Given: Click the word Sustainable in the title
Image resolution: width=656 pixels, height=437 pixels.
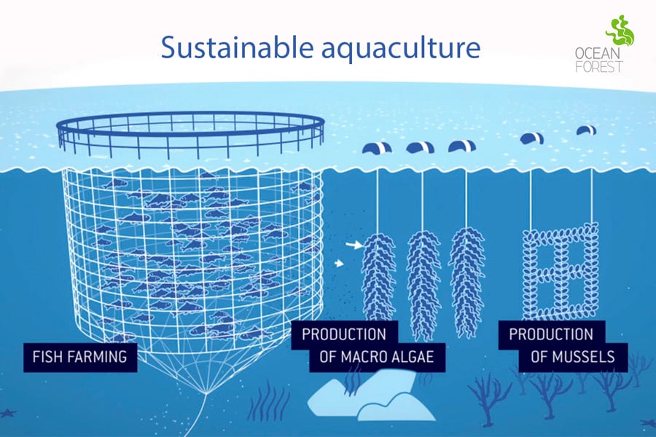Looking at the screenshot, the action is [237, 47].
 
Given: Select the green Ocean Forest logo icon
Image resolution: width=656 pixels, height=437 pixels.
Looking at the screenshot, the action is [620, 31].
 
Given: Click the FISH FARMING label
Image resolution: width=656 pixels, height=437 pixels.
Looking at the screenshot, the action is [80, 357].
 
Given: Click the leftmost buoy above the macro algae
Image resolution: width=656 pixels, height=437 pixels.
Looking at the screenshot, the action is [377, 148].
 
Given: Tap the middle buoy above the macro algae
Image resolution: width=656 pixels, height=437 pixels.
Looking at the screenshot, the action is [420, 148].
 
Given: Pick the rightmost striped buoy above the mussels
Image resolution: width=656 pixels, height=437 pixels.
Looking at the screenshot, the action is [587, 130].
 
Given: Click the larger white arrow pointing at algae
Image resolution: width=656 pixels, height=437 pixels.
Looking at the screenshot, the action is [354, 245].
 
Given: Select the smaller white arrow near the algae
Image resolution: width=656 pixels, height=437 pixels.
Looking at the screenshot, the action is [340, 264].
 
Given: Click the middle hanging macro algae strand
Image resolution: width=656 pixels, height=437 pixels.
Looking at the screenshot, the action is [423, 284].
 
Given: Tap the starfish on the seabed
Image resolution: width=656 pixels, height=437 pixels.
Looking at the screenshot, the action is [8, 413].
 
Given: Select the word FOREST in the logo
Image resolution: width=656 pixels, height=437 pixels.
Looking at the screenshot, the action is [599, 66].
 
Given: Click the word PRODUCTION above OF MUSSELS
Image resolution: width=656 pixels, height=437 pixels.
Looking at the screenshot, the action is [551, 334].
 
